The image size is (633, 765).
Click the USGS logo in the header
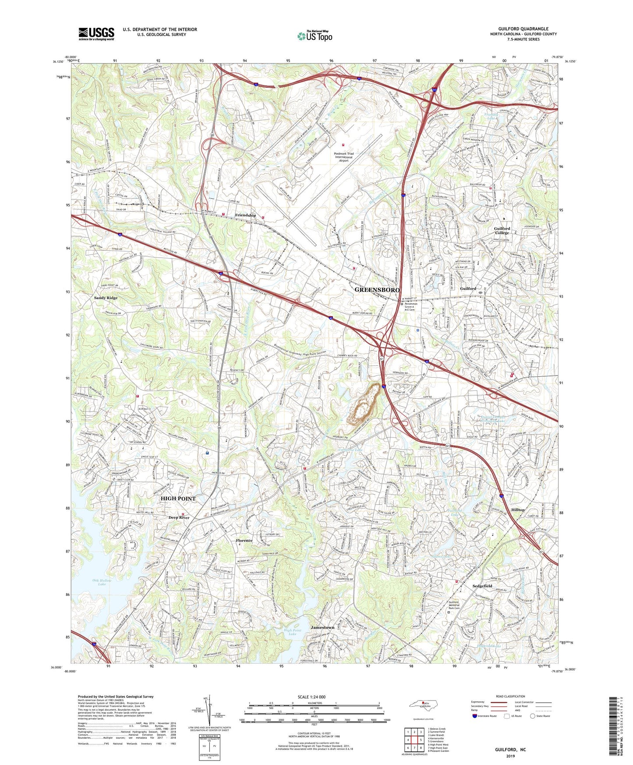coord(96,34)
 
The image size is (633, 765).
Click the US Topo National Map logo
coord(314,36)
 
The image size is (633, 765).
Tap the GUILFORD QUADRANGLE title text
coord(523,29)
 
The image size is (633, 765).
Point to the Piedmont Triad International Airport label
coord(343,157)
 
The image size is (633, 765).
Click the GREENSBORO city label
coord(377,290)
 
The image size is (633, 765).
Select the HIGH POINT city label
coord(178,499)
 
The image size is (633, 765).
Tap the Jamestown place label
coord(322,627)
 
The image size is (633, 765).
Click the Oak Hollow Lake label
coord(102,582)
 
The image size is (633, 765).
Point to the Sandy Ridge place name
coord(106,298)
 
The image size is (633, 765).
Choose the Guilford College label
coord(502,230)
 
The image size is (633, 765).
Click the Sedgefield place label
coord(482,586)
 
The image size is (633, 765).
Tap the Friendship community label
coord(245,216)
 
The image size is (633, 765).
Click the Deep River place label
coord(179,517)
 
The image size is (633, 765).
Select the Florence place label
coord(244,541)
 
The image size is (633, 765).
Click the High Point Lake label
coord(293,632)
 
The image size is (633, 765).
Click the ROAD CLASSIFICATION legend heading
coord(510,696)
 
